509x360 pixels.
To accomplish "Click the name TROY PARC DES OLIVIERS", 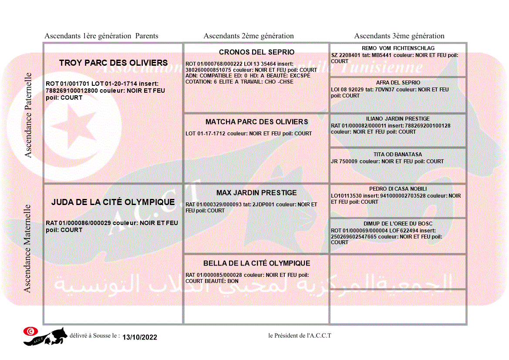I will point(113,63).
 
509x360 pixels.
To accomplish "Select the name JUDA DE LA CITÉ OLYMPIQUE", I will point(113,202).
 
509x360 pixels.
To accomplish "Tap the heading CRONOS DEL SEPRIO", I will point(256,52).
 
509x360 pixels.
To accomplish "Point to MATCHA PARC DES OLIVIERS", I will point(256,122).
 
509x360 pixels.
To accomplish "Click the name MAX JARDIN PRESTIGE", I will point(256,193).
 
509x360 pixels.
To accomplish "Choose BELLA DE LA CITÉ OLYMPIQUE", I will point(256,263).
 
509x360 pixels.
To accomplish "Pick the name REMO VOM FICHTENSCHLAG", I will point(398,48).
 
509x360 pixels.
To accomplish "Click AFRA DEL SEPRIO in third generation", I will point(398,83).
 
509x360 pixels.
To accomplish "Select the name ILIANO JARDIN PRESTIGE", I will point(398,119).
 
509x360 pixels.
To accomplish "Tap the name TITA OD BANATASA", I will point(398,155).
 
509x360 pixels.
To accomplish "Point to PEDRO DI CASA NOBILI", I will point(398,189).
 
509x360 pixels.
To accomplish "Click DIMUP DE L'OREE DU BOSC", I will point(398,224).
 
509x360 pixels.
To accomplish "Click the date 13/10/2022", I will point(139,337).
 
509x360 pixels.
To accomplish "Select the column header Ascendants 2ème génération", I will point(249,36).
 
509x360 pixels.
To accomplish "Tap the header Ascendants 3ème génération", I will point(399,36).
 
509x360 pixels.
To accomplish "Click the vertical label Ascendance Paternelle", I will point(28,115).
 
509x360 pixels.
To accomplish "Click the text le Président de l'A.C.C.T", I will point(300,336).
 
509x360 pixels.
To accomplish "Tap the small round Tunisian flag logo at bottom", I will point(30,331).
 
